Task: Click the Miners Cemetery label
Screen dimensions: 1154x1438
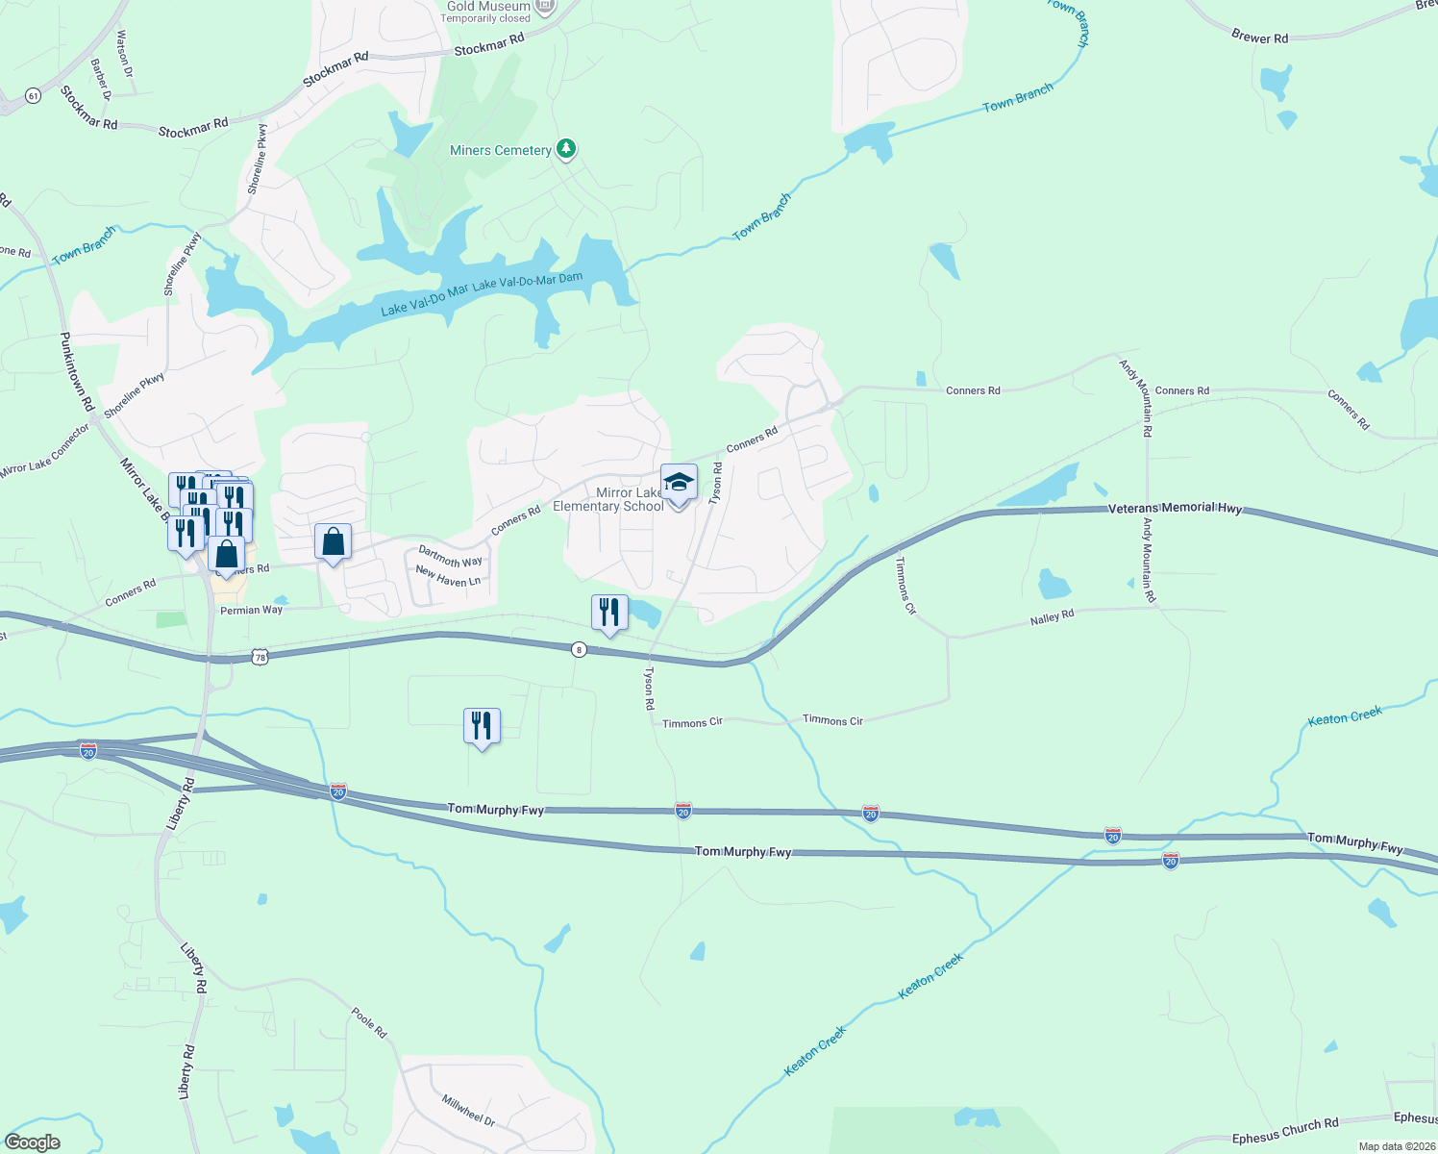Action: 501,151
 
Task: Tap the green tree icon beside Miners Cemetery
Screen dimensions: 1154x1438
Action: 567,148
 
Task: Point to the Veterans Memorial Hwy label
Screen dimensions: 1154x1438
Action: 1175,508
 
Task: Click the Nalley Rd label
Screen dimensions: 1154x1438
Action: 1052,617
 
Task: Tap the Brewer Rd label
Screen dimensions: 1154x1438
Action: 1259,38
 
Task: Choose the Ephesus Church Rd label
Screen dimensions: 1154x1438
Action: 1285,1131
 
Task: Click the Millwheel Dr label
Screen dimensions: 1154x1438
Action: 469,1110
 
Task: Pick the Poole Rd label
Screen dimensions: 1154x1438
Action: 368,1023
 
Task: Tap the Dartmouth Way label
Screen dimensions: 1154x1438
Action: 450,557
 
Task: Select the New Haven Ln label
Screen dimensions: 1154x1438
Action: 448,577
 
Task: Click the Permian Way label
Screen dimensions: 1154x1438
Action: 252,610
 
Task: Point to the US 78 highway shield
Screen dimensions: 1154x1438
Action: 260,657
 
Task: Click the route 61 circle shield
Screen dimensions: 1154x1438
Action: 34,96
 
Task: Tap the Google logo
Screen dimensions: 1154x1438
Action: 33,1141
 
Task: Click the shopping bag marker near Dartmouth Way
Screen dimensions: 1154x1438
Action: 333,542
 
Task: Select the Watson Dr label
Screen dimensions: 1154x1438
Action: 124,54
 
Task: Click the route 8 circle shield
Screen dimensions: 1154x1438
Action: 578,650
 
